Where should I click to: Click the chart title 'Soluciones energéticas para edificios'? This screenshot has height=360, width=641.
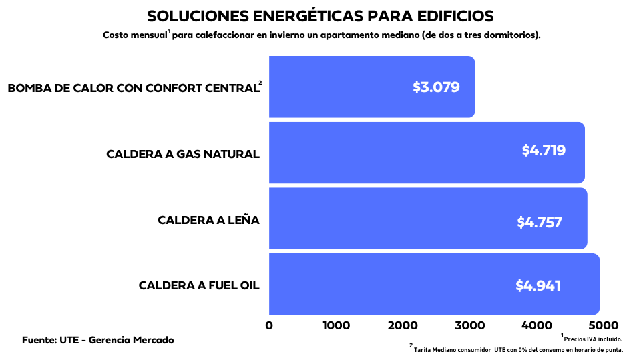click(320, 16)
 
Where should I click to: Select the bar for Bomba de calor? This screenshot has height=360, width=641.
click(347, 87)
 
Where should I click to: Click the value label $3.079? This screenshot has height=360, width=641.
click(436, 87)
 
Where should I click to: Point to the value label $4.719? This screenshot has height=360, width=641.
click(544, 151)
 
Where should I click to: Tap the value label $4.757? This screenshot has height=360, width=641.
click(540, 223)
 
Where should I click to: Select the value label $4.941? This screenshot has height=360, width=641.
click(538, 285)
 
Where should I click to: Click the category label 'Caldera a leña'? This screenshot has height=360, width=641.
click(208, 220)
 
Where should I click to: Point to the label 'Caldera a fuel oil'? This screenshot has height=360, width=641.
click(199, 285)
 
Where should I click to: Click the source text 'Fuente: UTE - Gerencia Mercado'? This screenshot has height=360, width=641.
click(98, 340)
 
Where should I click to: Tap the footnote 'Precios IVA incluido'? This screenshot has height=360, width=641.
click(592, 339)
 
